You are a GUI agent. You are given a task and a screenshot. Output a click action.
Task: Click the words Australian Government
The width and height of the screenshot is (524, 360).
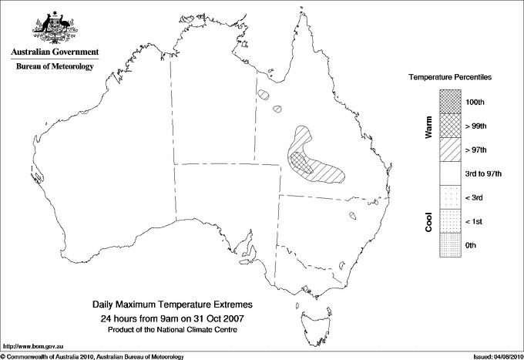[x=54, y=52]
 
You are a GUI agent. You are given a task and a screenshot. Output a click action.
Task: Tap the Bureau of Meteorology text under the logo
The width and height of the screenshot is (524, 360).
[x=54, y=67]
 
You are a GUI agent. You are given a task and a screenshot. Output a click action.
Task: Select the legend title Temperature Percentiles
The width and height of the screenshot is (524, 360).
[x=450, y=78]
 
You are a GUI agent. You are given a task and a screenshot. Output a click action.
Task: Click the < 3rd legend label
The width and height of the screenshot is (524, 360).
[x=475, y=197]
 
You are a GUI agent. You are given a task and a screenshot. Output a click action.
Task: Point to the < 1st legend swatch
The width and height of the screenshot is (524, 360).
[x=451, y=221]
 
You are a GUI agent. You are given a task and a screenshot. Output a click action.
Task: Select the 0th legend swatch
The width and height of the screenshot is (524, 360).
[x=451, y=245]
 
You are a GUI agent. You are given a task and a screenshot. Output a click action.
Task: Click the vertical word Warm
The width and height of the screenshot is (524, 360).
[x=428, y=126]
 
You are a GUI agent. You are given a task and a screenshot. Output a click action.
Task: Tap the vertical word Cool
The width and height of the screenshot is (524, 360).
[x=428, y=221]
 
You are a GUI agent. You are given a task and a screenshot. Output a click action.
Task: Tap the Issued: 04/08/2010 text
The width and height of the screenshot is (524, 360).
[x=496, y=356]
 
